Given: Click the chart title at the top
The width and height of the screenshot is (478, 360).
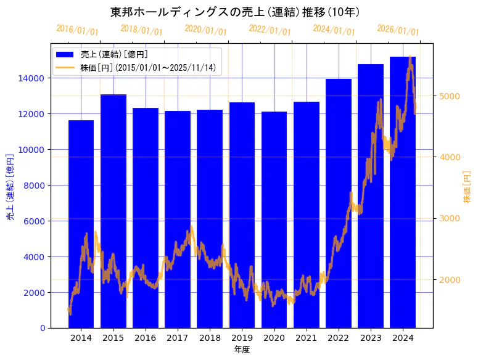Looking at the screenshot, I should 235,12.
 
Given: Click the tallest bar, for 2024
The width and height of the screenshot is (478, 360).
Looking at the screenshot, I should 403,192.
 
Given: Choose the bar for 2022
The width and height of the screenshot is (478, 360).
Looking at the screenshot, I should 338,203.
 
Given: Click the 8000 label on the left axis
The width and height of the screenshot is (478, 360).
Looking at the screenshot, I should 33,186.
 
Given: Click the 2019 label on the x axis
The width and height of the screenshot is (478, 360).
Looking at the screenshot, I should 242,338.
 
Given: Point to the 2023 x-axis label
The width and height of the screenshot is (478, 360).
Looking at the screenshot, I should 370,338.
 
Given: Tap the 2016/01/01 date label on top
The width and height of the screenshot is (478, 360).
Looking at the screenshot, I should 77,30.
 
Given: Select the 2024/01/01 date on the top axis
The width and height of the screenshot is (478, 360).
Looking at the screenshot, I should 334,30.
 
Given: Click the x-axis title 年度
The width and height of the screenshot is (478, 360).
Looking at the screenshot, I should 242,350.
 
